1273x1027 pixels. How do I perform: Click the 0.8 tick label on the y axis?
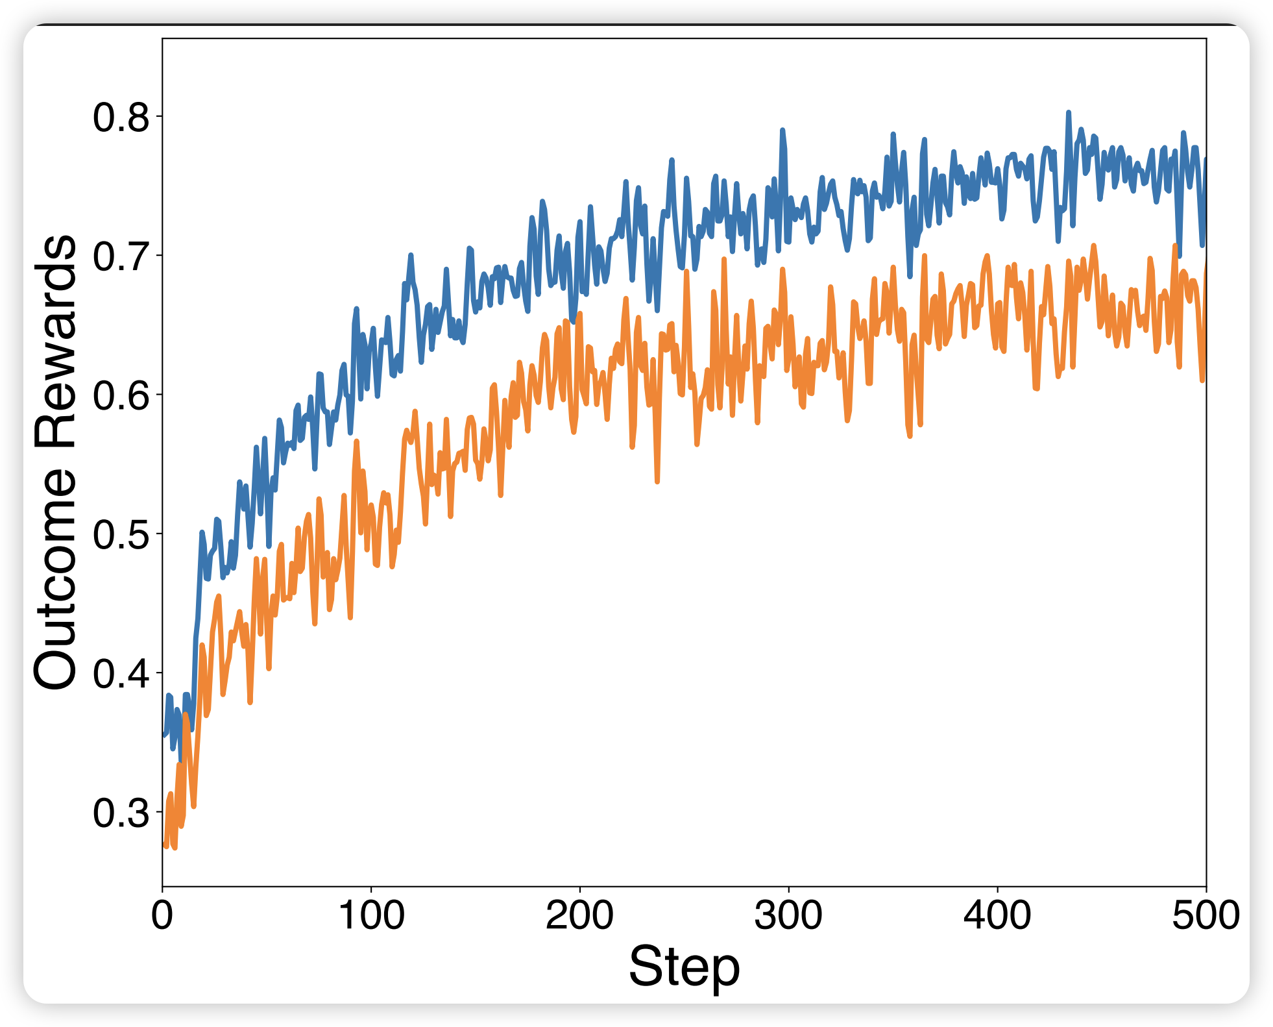pos(121,118)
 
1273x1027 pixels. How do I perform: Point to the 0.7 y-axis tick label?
pos(121,256)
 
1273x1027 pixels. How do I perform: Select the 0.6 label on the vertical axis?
pos(121,395)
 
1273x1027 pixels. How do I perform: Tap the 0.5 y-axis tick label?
pos(121,535)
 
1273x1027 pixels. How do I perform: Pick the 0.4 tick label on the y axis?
pos(121,674)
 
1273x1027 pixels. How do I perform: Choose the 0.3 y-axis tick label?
pos(121,813)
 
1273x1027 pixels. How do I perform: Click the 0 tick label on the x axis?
pos(162,915)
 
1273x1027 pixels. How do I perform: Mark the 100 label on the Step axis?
pos(371,915)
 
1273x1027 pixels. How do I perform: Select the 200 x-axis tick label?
pos(579,915)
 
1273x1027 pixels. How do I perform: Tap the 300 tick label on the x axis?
pos(788,915)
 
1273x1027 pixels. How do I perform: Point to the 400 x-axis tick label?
pos(997,915)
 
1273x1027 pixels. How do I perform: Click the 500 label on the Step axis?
pos(1206,915)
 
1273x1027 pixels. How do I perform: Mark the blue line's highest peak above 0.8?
pos(1068,112)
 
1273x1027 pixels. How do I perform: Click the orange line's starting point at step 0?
pos(164,843)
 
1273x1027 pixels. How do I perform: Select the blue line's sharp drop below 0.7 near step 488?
pos(1180,256)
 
